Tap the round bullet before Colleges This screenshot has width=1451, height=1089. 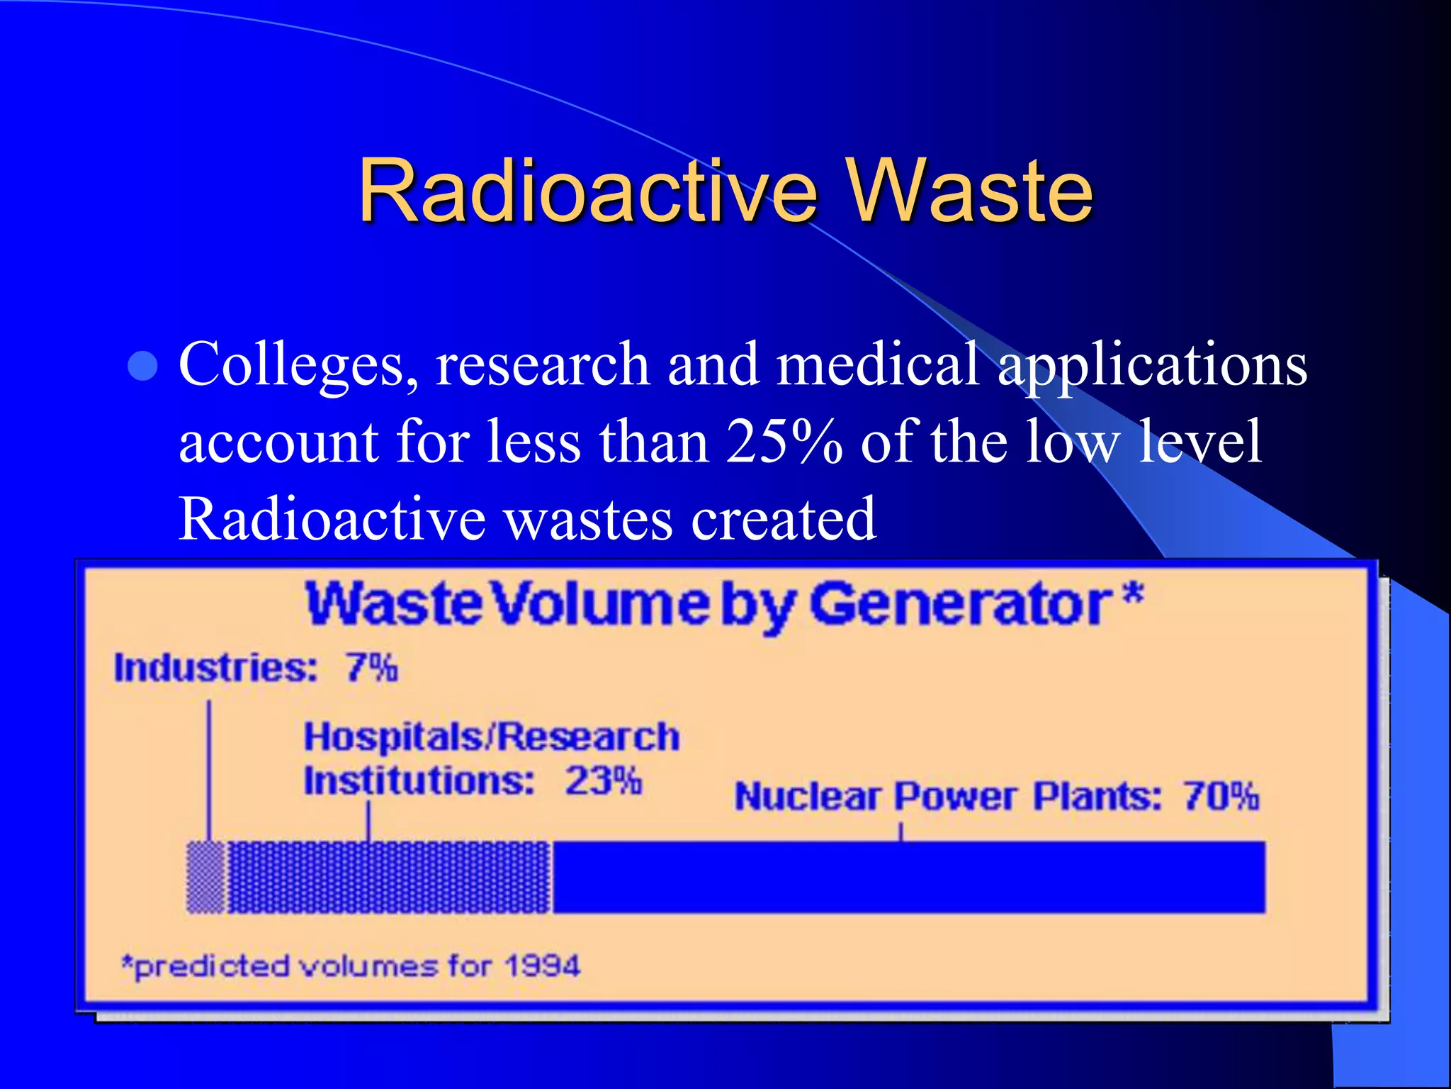point(144,366)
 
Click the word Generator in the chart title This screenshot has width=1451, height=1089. point(961,605)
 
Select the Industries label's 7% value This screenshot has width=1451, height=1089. point(372,668)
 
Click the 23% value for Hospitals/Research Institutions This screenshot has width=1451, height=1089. point(603,781)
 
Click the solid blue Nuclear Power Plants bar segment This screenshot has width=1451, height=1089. point(908,877)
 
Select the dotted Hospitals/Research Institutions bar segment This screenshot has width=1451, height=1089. point(388,877)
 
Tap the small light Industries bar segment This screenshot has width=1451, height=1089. point(205,877)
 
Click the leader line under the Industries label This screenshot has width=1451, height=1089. point(209,769)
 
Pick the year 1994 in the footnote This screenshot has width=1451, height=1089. point(542,966)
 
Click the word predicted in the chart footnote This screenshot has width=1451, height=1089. point(211,966)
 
